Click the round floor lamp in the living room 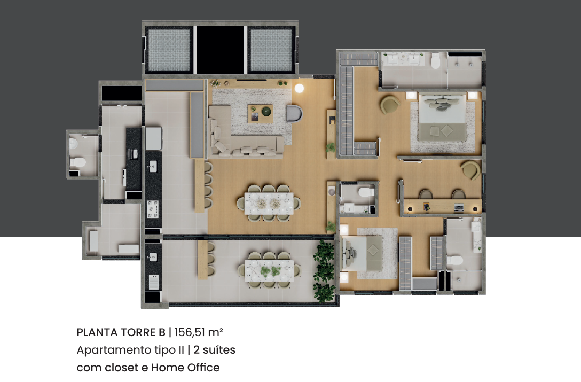pos(299,88)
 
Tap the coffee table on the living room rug pos(260,113)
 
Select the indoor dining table pos(269,203)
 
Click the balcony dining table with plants pos(269,271)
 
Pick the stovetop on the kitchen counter pos(153,209)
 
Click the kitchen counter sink pos(153,166)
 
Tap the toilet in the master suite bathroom pos(435,60)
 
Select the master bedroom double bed pos(442,118)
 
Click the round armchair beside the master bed pos(390,105)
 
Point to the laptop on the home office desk pos(459,207)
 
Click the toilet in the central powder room pos(366,191)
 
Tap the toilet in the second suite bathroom pos(454,260)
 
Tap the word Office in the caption pos(203,368)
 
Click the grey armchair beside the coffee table pos(295,113)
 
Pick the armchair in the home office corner pos(470,170)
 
